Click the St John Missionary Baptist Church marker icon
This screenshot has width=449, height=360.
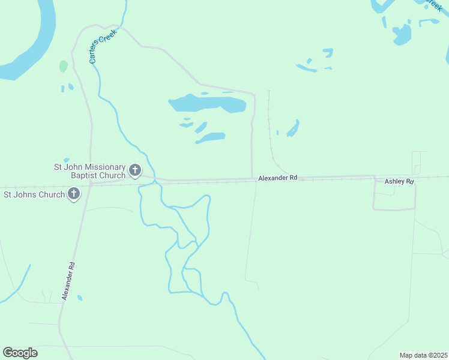pyautogui.click(x=135, y=171)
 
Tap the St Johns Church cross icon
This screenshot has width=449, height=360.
pyautogui.click(x=74, y=194)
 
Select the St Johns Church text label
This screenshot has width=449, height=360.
pyautogui.click(x=34, y=194)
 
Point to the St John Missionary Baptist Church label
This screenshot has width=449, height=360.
pyautogui.click(x=90, y=171)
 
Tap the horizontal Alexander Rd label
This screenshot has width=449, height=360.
pyautogui.click(x=278, y=178)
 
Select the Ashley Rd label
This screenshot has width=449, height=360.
pyautogui.click(x=399, y=181)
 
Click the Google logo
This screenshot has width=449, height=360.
pyautogui.click(x=20, y=353)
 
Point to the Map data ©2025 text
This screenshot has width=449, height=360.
pyautogui.click(x=423, y=355)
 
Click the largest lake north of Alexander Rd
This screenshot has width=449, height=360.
pyautogui.click(x=207, y=104)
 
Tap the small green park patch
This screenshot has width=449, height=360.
pyautogui.click(x=63, y=66)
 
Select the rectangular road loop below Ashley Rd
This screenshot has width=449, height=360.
pyautogui.click(x=394, y=208)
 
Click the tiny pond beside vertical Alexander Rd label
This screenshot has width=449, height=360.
pyautogui.click(x=80, y=298)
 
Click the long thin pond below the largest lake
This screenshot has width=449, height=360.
pyautogui.click(x=210, y=138)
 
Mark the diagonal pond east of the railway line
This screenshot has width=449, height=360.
pyautogui.click(x=293, y=128)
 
